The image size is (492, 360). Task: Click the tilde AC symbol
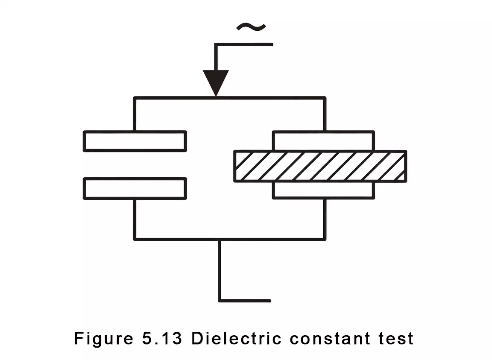point(251,27)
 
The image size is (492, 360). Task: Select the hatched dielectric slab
point(320,166)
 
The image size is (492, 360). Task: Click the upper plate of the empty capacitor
point(135,141)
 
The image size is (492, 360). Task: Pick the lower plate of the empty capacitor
point(135,188)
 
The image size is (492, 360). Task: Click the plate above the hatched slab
point(323,140)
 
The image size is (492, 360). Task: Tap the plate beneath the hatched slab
point(323,190)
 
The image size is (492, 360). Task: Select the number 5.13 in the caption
point(161,339)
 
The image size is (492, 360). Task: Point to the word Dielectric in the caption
point(236,339)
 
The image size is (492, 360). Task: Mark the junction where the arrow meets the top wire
point(216,98)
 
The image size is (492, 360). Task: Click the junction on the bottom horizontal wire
point(220,239)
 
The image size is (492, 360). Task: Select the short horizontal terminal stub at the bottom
point(245,301)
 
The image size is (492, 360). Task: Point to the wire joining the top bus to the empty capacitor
point(135,114)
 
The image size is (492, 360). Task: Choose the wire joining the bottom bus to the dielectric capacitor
point(325,219)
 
